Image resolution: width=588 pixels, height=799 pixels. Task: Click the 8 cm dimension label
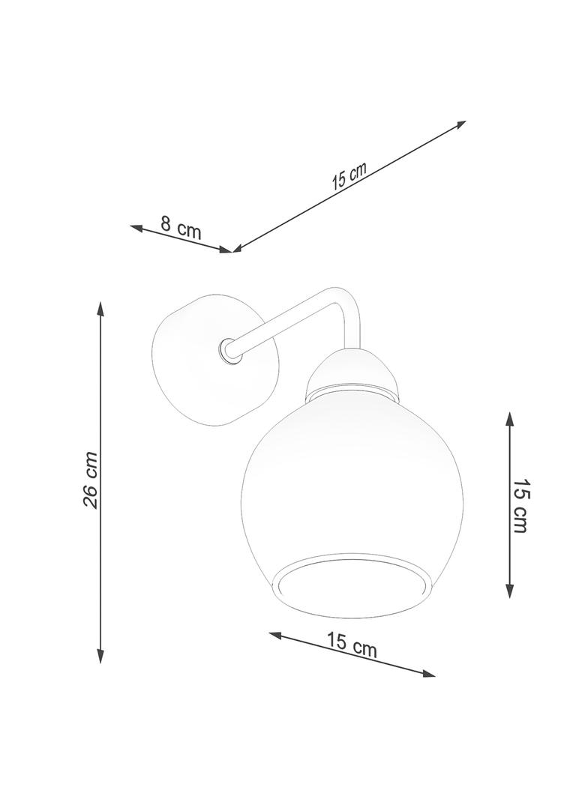pos(181,227)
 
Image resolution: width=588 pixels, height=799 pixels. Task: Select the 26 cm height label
pos(91,479)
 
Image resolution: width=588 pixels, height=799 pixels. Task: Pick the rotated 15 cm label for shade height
pos(520,505)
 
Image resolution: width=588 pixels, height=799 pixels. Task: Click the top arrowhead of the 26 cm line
pos(100,309)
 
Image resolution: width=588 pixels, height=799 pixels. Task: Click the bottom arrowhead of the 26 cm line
pos(100,656)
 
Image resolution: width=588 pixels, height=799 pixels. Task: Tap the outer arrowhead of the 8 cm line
pos(136,227)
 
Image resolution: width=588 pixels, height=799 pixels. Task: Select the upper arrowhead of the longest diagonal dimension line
pos(459,124)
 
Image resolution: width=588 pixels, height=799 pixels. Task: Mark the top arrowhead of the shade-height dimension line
pos(509,420)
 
